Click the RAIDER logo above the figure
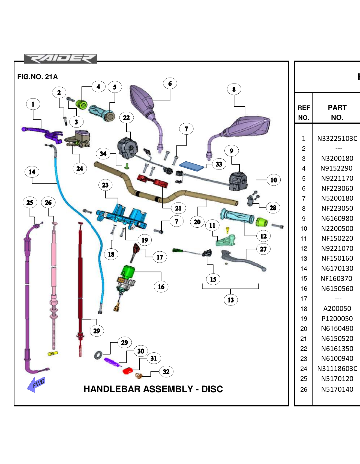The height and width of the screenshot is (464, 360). click(x=60, y=58)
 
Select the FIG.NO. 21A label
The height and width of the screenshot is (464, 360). click(x=37, y=77)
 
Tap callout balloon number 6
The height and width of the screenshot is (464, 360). click(x=170, y=84)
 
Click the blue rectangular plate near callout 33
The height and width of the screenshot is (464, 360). click(x=191, y=166)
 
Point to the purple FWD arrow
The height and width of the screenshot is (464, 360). click(x=36, y=385)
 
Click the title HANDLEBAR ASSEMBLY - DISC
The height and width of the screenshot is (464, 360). click(x=153, y=389)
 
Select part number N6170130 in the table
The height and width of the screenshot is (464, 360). click(x=337, y=268)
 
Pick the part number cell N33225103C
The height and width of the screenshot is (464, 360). click(x=337, y=138)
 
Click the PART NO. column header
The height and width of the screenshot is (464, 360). click(x=337, y=112)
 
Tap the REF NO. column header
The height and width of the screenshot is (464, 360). click(x=304, y=112)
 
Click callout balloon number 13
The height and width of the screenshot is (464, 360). click(x=230, y=300)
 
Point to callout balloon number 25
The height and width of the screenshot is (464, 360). click(x=30, y=203)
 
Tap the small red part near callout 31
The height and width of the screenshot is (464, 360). click(x=128, y=371)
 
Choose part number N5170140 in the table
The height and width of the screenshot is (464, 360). click(x=337, y=389)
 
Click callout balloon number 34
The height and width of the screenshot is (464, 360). click(x=103, y=154)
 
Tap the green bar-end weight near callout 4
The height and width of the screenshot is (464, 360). click(x=81, y=104)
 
